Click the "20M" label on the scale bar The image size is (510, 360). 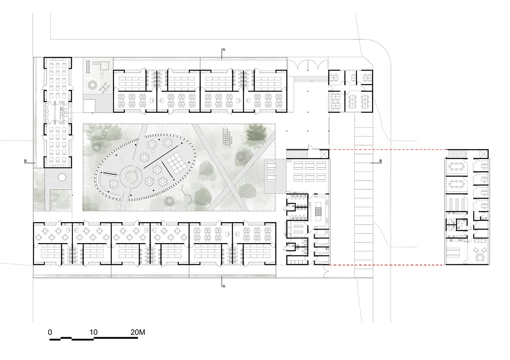pos(138,332)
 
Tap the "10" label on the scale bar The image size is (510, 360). pos(94,332)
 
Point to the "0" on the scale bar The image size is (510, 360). pos(50,332)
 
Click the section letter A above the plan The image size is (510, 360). pos(224,50)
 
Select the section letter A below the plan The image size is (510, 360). pos(224,286)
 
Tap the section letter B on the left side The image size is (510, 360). pos(25,161)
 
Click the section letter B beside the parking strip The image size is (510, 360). pos(380,161)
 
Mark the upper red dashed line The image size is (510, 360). pos(388,150)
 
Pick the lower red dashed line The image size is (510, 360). pos(388,265)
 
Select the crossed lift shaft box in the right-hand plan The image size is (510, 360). pos(483,154)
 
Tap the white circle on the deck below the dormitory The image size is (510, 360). pos(62,177)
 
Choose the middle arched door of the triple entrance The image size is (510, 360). pos(310,65)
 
